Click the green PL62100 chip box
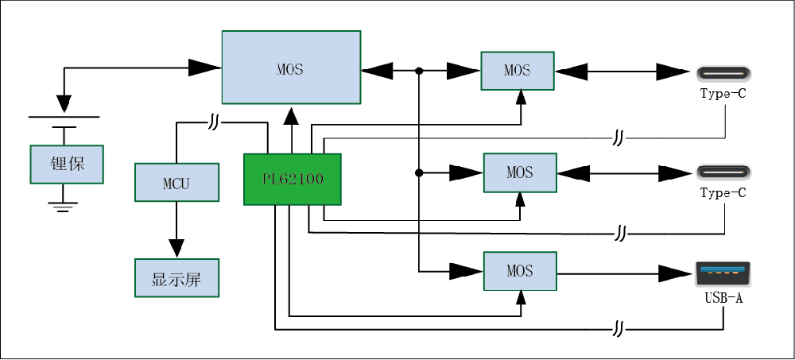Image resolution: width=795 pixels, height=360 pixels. (292, 179)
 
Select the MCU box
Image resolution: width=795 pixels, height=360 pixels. (176, 182)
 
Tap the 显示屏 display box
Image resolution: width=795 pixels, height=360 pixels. (176, 279)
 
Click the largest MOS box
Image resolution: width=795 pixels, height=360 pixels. (290, 68)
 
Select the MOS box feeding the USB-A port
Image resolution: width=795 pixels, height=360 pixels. (520, 271)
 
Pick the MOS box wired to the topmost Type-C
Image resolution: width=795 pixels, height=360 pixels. (517, 70)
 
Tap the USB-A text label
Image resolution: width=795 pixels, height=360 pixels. (723, 299)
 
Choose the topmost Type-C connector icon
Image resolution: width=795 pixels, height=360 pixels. (723, 73)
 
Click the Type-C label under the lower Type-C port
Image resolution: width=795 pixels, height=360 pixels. (723, 192)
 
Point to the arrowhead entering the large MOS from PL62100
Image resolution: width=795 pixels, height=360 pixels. (292, 115)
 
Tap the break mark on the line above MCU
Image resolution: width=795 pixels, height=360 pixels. (215, 123)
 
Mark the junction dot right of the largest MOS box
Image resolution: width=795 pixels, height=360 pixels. (418, 71)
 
